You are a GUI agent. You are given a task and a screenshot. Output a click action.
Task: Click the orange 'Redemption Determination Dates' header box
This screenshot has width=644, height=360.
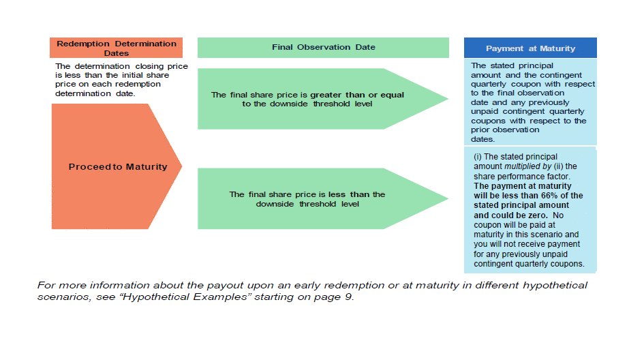coord(117,48)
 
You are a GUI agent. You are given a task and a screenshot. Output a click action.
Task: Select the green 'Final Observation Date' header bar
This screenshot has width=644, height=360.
coord(323,48)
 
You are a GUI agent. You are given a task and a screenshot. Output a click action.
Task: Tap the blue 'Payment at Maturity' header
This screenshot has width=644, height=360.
coord(530,48)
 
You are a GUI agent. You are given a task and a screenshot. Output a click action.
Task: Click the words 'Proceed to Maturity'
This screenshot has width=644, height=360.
coord(118,167)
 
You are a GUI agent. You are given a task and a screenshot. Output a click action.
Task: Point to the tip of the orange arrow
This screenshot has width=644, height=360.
coord(181,166)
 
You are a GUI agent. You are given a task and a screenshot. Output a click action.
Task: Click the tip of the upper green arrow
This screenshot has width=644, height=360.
coord(448,99)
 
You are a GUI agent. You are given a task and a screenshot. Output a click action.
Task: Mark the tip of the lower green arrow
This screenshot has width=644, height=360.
coord(448,198)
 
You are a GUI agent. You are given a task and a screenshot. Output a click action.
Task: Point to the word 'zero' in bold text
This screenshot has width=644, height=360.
coord(536,215)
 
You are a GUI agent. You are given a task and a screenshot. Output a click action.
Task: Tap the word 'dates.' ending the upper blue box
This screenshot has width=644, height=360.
coord(483,139)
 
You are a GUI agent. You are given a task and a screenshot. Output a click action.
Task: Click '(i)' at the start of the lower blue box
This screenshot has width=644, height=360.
coord(478,157)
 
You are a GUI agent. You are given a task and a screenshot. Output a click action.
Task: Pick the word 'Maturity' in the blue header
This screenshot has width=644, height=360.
coord(557,48)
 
